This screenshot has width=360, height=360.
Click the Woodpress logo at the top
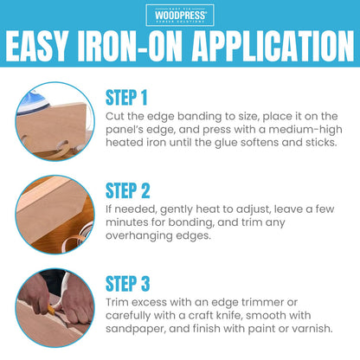(x=180, y=15)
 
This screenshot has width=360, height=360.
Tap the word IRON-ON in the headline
(x=130, y=46)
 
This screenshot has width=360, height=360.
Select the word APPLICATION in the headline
(x=273, y=46)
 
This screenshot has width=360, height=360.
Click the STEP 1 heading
(x=126, y=98)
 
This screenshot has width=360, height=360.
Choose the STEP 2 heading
(x=127, y=190)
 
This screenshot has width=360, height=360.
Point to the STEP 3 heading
(x=127, y=284)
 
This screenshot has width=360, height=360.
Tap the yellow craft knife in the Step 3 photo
(x=51, y=310)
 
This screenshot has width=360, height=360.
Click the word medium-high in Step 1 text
(x=305, y=130)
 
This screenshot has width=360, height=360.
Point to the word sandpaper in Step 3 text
(x=136, y=329)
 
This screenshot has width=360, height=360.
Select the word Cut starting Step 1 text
(x=115, y=116)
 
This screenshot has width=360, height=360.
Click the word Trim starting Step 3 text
(x=117, y=302)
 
